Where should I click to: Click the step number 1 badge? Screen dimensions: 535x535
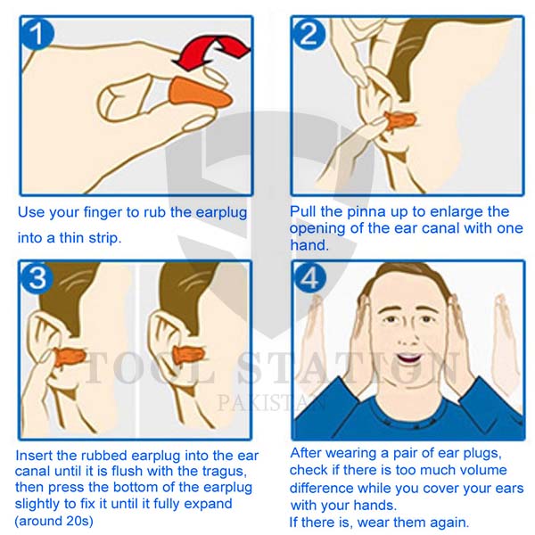point(37,33)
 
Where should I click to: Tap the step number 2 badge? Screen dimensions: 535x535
point(309,34)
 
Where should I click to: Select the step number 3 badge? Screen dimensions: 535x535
point(37,277)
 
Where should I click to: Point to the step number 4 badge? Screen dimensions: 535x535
point(309,277)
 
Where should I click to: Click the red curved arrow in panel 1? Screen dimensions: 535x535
point(212,52)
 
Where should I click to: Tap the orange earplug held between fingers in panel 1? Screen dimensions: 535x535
point(200,95)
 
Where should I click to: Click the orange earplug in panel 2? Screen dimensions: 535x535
point(400,120)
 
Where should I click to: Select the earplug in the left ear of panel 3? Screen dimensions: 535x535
point(70,356)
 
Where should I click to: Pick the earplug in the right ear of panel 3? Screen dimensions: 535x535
point(189,356)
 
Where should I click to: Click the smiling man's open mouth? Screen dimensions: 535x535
point(408,358)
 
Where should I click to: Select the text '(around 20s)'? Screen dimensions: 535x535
point(53,521)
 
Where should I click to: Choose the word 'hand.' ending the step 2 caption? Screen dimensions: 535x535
point(309,245)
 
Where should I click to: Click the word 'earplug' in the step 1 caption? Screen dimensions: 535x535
point(221,213)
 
